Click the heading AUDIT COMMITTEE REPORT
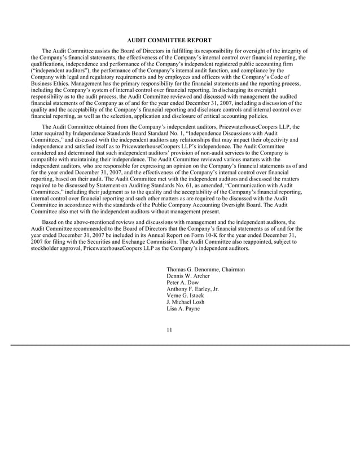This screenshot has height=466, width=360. [x=169, y=40]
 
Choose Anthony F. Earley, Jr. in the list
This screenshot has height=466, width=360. [x=192, y=289]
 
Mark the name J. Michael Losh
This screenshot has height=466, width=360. [x=186, y=302]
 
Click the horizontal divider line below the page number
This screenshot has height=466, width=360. [x=180, y=344]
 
